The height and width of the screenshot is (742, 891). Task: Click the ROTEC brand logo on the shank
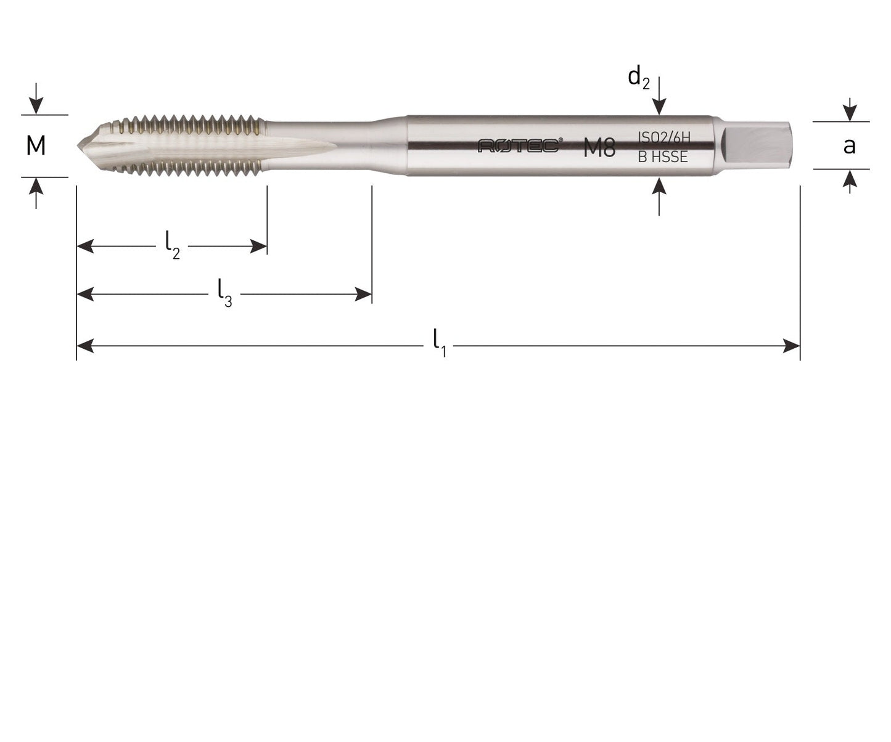[520, 145]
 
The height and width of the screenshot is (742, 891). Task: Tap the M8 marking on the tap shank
[599, 148]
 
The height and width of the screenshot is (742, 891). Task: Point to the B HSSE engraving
[662, 157]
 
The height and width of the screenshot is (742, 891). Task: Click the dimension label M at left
[36, 146]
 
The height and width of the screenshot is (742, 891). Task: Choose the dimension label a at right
[849, 146]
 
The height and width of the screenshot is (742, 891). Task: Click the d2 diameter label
[638, 78]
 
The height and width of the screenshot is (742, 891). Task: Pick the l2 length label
[172, 245]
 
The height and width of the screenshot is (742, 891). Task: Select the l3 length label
[224, 293]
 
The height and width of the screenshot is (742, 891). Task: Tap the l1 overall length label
[439, 343]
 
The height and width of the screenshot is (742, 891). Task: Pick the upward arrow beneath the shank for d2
[659, 185]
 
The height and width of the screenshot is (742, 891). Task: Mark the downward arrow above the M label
[36, 106]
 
